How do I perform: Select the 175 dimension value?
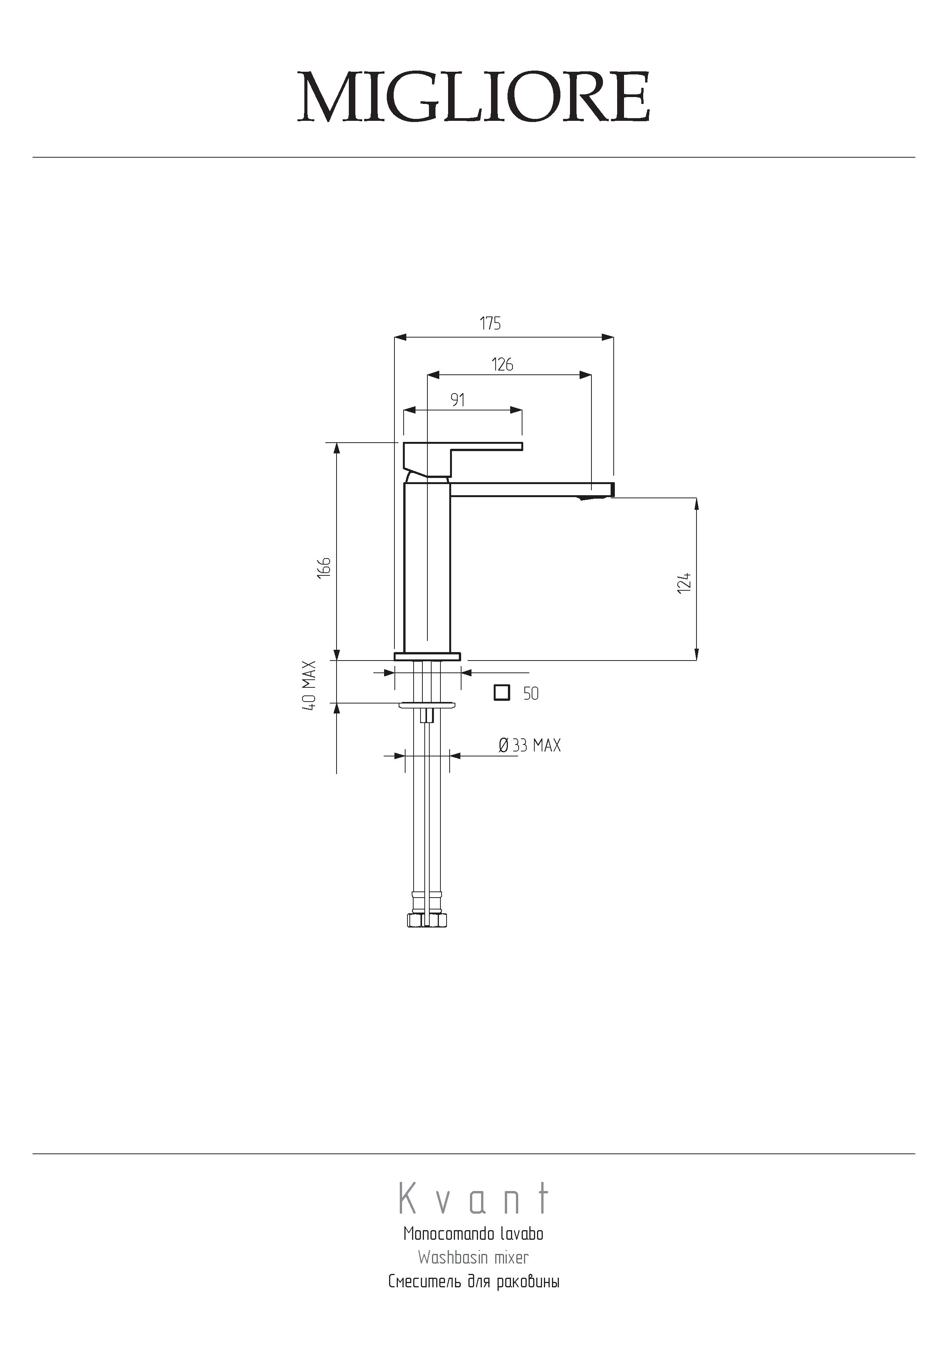(490, 324)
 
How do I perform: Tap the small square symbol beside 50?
(502, 693)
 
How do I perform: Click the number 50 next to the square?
(531, 694)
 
